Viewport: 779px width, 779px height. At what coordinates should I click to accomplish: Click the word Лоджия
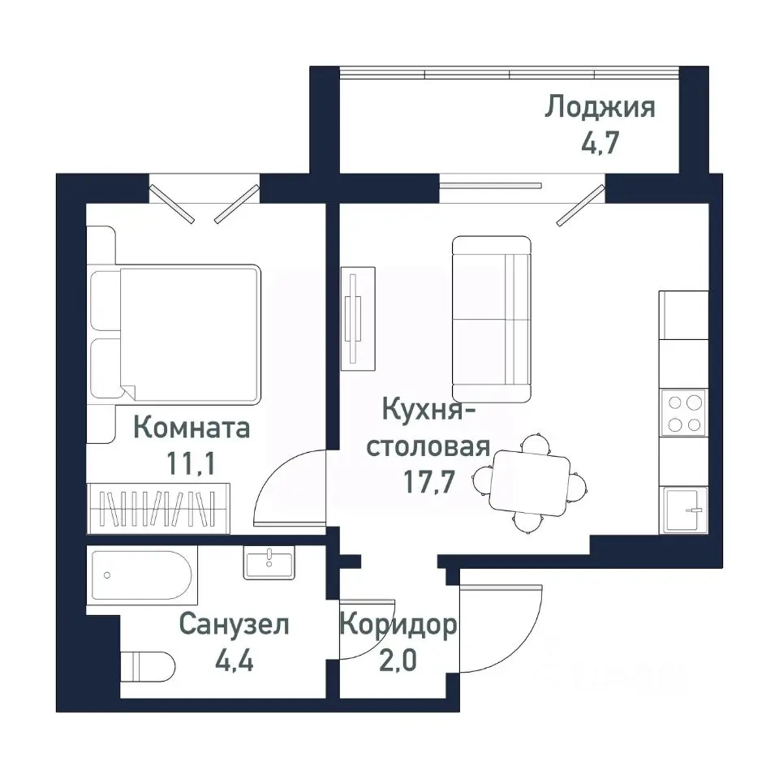click(600, 107)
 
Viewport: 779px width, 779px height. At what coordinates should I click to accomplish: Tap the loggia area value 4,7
click(600, 147)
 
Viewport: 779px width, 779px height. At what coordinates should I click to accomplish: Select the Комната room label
click(191, 427)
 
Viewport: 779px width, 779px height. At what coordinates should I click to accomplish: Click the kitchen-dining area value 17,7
click(428, 483)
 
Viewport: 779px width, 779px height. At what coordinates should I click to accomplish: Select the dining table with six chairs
click(530, 481)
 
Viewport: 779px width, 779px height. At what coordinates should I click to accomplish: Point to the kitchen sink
click(682, 510)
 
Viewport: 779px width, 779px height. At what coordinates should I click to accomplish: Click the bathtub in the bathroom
click(142, 575)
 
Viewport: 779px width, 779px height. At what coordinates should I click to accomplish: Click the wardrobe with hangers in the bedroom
click(158, 507)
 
